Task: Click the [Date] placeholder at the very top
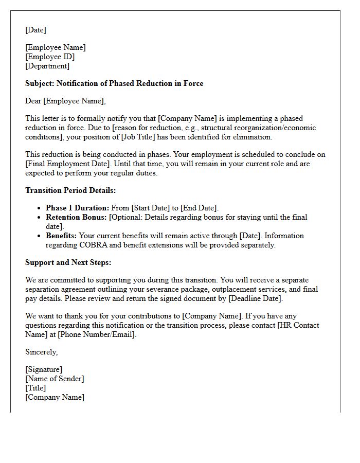pos(35,30)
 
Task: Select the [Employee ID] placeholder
pos(50,57)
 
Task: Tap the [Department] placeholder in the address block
pos(47,66)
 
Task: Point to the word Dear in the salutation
pos(33,101)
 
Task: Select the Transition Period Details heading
pos(70,190)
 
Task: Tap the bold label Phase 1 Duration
pos(77,208)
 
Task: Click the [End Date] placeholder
pos(199,208)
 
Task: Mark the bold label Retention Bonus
pos(76,217)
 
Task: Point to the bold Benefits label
pos(61,236)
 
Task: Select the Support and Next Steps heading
pos(68,262)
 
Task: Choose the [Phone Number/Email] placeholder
pos(97,334)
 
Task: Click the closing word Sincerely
pos(41,352)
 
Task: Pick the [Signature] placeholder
pos(44,369)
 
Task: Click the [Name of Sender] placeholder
pos(55,379)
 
